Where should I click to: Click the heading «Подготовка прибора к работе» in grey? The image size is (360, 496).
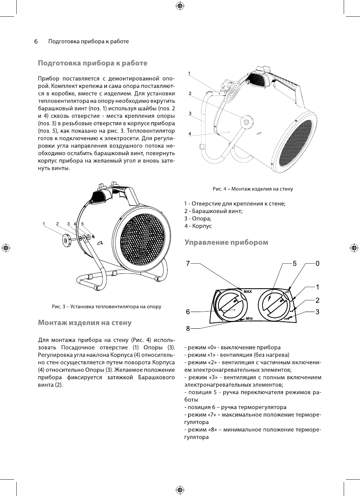[92, 63]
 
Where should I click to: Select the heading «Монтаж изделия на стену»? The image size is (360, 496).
[84, 322]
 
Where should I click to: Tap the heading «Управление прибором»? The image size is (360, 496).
[226, 242]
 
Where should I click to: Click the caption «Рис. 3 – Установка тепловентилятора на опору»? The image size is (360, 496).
[107, 307]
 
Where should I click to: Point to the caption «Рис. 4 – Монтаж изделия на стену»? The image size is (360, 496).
[253, 189]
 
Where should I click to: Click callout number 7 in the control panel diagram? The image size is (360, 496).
[188, 263]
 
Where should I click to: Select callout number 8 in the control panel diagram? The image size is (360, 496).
[188, 328]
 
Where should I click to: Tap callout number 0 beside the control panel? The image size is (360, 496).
[317, 263]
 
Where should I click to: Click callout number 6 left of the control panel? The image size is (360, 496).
[188, 312]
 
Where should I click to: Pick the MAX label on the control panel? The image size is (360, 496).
[248, 291]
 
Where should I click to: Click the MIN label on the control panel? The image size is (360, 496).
[249, 318]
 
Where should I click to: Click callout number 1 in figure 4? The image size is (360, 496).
[189, 73]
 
